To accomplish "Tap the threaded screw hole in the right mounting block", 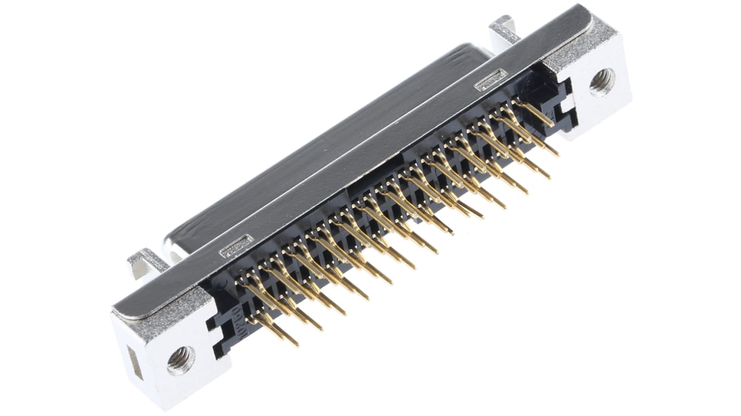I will coord(602,82).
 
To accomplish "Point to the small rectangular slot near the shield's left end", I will coord(236,246).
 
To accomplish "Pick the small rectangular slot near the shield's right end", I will coord(490,79).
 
